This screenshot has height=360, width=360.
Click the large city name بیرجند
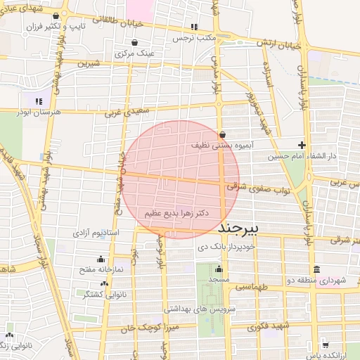coord(240,229)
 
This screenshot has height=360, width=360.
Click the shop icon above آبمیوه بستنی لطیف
coord(222,134)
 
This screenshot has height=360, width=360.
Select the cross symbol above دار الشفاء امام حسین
coord(302,144)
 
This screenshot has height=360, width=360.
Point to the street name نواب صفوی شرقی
coord(252,187)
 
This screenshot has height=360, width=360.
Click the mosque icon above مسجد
coord(219,269)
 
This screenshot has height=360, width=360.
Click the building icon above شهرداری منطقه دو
coord(316,269)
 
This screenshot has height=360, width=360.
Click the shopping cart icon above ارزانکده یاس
coord(325,345)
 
